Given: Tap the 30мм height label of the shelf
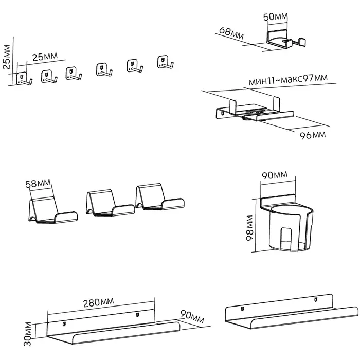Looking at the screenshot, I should (x=29, y=334).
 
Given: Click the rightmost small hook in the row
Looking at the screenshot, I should (x=164, y=62).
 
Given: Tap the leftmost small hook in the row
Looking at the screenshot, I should (x=23, y=79).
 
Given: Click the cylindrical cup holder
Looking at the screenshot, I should (x=286, y=224).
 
